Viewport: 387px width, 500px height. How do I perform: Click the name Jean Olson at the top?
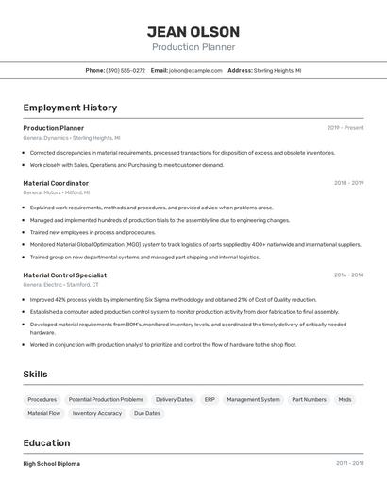193,32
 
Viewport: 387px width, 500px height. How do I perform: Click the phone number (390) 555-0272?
126,70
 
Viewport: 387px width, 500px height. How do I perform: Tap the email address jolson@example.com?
195,70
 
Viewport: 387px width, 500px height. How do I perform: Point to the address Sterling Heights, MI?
278,70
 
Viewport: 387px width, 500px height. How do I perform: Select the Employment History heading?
70,108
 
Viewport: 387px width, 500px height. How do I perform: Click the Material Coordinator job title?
56,183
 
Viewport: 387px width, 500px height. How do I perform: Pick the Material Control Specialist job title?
65,275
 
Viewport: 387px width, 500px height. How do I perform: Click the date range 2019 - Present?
345,128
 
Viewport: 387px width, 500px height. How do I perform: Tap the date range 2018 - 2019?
348,183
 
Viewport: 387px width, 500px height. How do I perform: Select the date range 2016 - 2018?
348,275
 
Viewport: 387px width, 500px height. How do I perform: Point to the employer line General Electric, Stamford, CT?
60,284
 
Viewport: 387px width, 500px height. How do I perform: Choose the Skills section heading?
36,375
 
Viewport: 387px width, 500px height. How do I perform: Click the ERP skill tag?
210,399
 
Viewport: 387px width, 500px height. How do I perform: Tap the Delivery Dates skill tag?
174,399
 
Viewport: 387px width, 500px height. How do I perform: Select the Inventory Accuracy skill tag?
97,413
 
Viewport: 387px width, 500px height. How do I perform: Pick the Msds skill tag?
345,399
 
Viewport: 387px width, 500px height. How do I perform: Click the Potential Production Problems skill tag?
106,399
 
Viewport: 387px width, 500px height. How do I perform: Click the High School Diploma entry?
51,464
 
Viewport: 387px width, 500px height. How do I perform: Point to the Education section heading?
46,442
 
